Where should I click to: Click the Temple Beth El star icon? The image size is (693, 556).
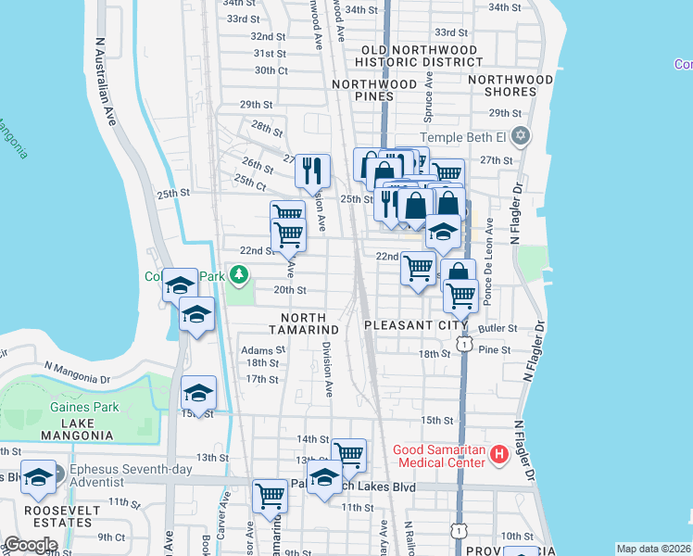point(521,137)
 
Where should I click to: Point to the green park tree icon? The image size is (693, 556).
point(239,275)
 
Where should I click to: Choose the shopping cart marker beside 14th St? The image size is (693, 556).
point(348,454)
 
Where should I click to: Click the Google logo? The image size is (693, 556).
point(31,545)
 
